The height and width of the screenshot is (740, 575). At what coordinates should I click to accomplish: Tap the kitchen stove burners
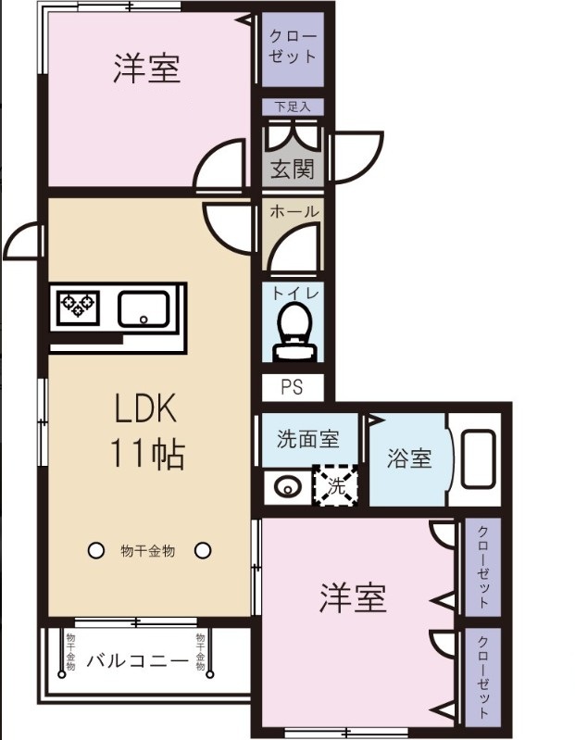[x=78, y=306]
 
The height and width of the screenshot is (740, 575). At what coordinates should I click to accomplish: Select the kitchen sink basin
[x=144, y=307]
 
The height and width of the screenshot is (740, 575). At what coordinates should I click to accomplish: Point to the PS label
[x=290, y=388]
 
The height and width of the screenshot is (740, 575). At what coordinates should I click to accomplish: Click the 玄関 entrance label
[x=292, y=169]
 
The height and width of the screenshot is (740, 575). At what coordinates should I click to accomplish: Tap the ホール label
[x=294, y=212]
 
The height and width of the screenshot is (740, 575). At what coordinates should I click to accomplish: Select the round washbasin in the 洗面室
[x=286, y=485]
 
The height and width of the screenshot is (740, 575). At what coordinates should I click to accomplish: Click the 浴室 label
[x=409, y=458]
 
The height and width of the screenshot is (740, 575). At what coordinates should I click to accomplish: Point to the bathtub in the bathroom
[x=478, y=458]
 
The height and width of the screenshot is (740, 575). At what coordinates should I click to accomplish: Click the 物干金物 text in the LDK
[x=148, y=551]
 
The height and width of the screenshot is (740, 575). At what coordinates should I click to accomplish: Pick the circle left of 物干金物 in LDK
[x=94, y=551]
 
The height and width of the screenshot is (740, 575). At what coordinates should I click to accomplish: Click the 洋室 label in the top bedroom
[x=146, y=69]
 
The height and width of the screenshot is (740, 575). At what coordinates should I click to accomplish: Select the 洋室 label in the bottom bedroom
[x=353, y=599]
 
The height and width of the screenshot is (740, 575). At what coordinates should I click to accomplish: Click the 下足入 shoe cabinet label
[x=292, y=107]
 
